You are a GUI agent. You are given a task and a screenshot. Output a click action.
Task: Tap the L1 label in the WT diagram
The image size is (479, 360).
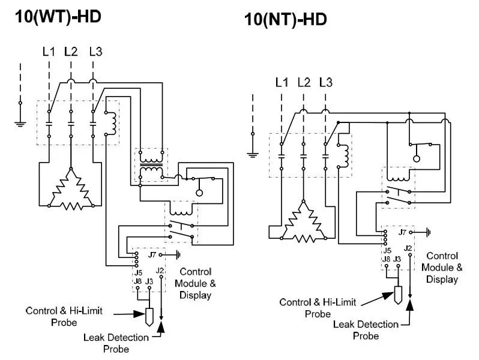(x=49, y=52)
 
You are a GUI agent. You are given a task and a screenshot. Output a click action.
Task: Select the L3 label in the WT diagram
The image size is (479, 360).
(x=95, y=52)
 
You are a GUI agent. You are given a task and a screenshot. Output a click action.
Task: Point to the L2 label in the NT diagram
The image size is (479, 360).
(x=304, y=82)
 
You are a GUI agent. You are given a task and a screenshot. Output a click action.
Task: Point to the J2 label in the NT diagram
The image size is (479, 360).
(x=409, y=247)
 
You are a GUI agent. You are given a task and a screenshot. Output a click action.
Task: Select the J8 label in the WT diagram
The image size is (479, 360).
(x=137, y=280)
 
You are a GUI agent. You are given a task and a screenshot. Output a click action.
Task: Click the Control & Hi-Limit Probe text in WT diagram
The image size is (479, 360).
(x=59, y=316)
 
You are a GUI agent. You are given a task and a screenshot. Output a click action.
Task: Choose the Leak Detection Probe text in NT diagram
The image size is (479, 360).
(x=366, y=330)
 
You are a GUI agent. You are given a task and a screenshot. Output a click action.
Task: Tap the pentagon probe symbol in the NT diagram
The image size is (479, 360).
(x=397, y=293)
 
